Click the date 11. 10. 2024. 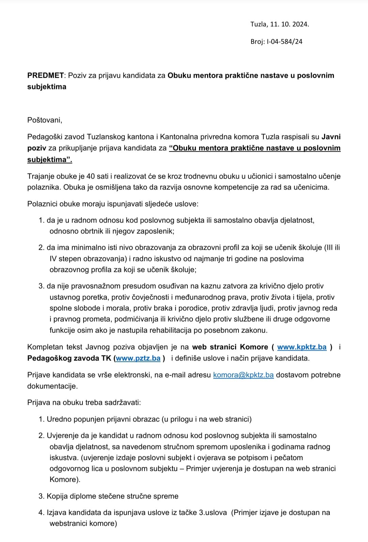click(290, 24)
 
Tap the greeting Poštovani click(45, 120)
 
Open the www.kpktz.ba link click(302, 347)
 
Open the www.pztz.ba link click(138, 358)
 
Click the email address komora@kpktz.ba click(243, 375)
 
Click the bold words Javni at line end click(331, 137)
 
